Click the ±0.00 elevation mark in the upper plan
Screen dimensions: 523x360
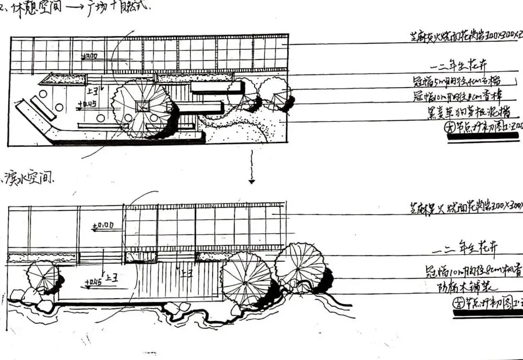pyautogui.click(x=91, y=57)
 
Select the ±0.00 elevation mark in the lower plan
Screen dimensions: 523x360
pyautogui.click(x=103, y=225)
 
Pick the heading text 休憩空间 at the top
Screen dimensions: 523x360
pyautogui.click(x=34, y=7)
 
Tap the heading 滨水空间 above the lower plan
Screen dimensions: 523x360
pyautogui.click(x=30, y=179)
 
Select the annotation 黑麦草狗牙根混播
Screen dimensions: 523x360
pyautogui.click(x=466, y=113)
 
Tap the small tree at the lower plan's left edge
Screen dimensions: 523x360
pyautogui.click(x=43, y=277)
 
